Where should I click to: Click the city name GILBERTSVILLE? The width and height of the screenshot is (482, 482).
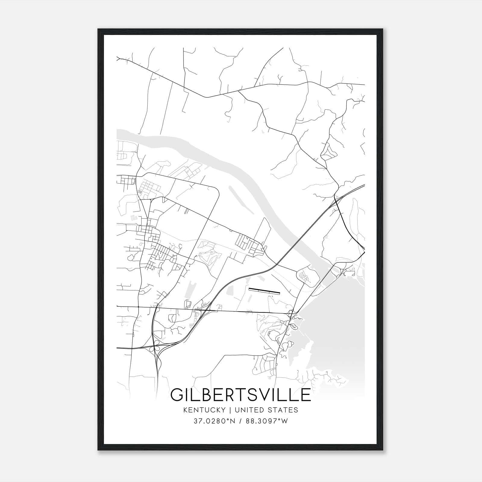point(240,395)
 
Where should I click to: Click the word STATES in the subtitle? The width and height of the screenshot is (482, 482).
point(283,410)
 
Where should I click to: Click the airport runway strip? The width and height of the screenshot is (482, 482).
point(264,290)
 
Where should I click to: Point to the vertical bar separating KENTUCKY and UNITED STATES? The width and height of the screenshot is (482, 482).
point(230,410)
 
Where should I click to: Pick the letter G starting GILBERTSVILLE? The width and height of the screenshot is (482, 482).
point(177,395)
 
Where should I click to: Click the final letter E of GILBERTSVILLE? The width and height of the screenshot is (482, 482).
point(306,395)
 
